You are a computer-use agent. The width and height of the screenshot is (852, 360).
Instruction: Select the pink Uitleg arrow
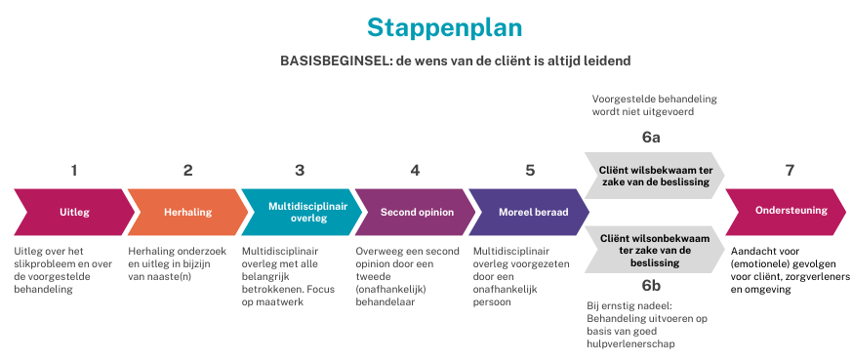point(74,211)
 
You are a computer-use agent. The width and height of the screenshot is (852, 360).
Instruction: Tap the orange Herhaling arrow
point(187,211)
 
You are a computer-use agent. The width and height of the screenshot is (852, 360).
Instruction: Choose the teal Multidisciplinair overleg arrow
point(300,211)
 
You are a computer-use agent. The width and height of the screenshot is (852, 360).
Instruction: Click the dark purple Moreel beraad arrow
point(530,211)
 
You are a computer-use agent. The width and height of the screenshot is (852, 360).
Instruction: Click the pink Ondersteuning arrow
point(789,211)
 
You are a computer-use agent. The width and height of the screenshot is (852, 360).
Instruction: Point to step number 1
point(74,170)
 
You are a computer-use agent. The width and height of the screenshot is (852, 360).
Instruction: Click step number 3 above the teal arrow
point(300,170)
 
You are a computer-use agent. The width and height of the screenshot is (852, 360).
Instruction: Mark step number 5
point(530,170)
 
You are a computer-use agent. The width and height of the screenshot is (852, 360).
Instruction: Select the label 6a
point(651,137)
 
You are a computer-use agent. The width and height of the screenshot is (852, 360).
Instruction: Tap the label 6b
point(651,285)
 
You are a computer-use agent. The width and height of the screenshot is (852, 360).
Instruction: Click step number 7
point(790,170)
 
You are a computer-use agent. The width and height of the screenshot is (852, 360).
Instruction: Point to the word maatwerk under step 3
point(281,301)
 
